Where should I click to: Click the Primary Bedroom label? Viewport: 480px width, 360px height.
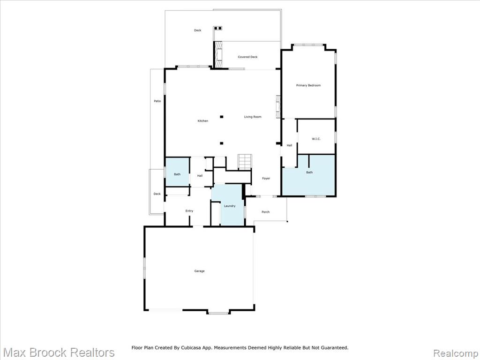click(x=308, y=85)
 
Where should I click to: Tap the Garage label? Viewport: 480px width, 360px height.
click(x=199, y=271)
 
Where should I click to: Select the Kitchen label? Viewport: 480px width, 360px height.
click(x=202, y=121)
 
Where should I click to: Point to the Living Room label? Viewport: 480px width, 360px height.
click(x=253, y=117)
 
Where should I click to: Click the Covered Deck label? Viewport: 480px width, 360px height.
click(x=247, y=57)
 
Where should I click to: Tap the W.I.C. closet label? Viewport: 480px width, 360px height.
click(x=316, y=139)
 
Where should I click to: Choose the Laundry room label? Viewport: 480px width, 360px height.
click(x=230, y=206)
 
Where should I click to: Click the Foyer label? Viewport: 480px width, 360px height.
click(x=266, y=179)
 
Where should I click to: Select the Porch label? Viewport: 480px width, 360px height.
click(x=265, y=212)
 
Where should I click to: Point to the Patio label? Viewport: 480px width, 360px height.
click(x=157, y=101)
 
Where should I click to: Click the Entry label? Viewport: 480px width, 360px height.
click(x=189, y=211)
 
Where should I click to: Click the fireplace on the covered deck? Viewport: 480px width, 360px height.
click(x=218, y=54)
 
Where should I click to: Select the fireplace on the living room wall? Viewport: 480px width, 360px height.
click(x=278, y=107)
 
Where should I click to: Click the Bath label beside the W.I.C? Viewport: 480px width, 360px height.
click(x=309, y=172)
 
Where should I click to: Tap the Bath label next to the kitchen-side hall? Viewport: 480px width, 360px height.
click(x=177, y=174)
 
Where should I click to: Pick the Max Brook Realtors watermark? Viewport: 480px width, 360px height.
click(x=59, y=352)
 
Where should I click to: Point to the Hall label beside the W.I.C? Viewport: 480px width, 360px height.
click(x=289, y=145)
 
